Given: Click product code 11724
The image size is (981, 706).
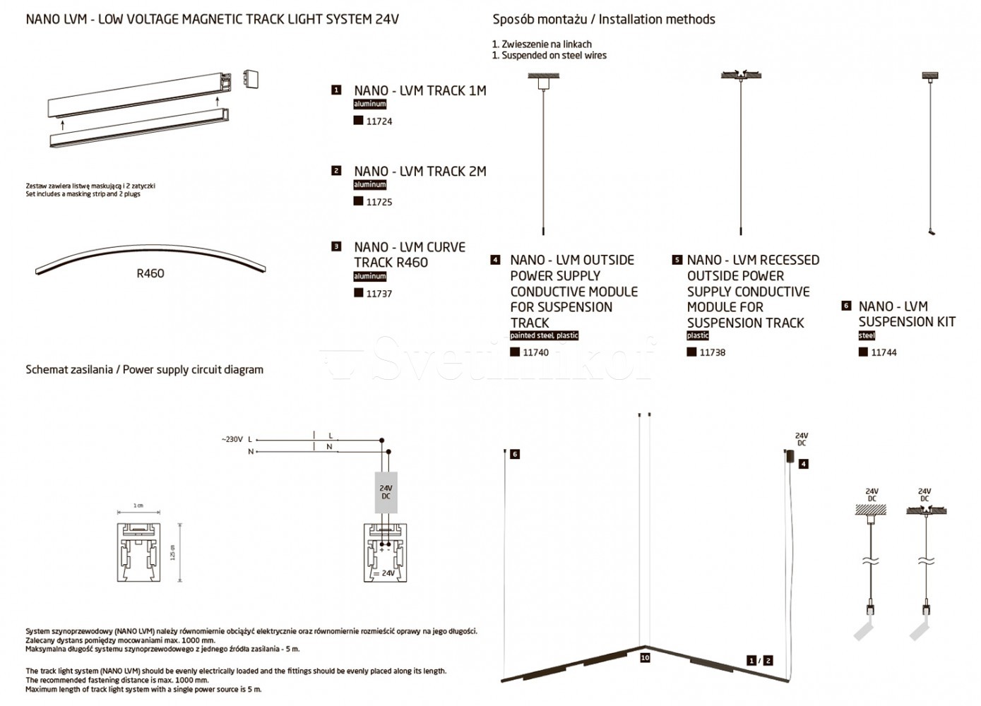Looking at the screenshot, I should tap(379, 121).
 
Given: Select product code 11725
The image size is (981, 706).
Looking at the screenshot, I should tap(379, 202).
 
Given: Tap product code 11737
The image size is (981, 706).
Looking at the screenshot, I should tap(379, 294).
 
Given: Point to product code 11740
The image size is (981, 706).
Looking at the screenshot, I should tap(535, 352).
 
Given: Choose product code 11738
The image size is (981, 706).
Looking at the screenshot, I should tap(712, 352).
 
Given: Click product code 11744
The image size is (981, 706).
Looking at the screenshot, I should tap(884, 352).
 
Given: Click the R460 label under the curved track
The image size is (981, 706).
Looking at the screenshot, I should tap(150, 273).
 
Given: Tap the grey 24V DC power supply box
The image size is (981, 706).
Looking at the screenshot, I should tap(386, 492).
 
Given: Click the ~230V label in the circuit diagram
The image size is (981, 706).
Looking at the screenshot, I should tap(232, 439).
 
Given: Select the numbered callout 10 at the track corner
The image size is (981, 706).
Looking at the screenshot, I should tap(645, 657).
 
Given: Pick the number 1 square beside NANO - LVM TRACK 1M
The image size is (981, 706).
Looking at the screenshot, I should tap(336, 90).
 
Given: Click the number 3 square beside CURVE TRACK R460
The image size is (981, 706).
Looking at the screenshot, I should tap(336, 246).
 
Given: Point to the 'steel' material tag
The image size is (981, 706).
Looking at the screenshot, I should tap(867, 335).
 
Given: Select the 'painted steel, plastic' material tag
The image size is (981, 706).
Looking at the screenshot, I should tap(544, 335).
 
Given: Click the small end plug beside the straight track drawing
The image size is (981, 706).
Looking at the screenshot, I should tap(251, 78).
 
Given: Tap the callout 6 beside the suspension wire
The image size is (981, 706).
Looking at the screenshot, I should tap(515, 454).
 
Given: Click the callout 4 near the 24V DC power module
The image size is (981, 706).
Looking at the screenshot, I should tap(803, 464).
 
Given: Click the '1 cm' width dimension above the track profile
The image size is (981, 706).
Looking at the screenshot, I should tap(138, 506).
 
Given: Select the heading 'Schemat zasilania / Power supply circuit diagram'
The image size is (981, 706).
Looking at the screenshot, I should tap(144, 369).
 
